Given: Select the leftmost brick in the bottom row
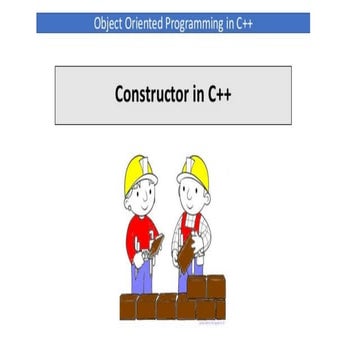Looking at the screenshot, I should pyautogui.click(x=131, y=306).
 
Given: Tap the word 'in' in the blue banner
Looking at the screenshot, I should pyautogui.click(x=231, y=23).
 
